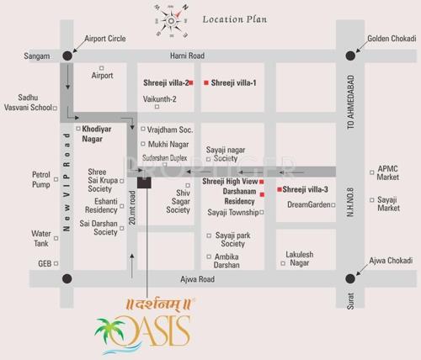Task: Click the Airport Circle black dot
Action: pyautogui.click(x=67, y=56)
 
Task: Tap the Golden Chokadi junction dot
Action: pyautogui.click(x=350, y=56)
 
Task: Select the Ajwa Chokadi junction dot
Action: pyautogui.click(x=350, y=278)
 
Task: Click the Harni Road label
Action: pyautogui.click(x=187, y=56)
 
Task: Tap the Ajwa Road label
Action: pyautogui.click(x=197, y=278)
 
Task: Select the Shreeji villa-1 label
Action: pyautogui.click(x=233, y=83)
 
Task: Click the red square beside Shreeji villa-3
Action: pyautogui.click(x=279, y=190)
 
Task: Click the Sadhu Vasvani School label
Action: pyautogui.click(x=26, y=103)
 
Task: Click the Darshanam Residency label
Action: pyautogui.click(x=227, y=197)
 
